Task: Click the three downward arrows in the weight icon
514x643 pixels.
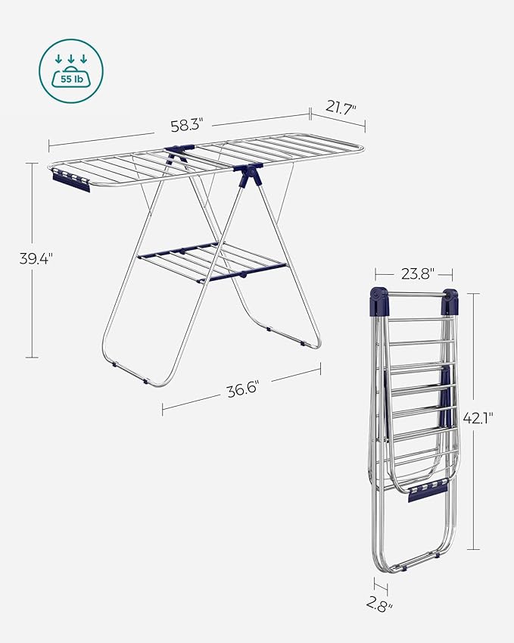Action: [71, 59]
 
